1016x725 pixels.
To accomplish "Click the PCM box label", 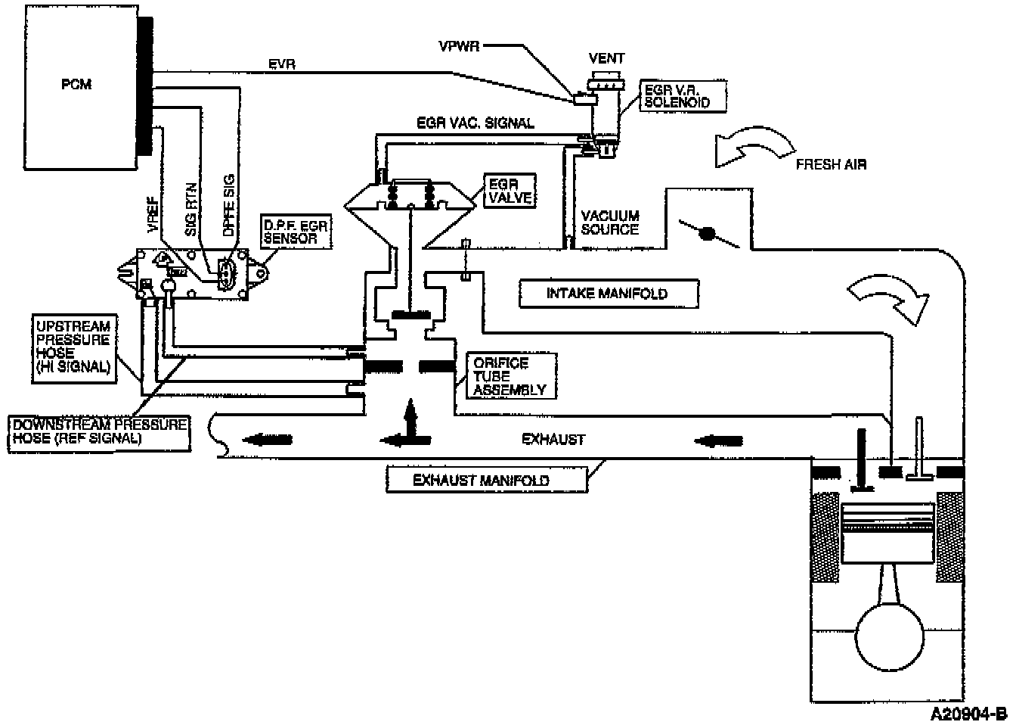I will point(76,84).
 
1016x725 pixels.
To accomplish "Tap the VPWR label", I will point(457,45).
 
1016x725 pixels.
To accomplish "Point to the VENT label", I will point(606,58).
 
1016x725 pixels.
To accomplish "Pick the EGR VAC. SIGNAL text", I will point(475,123).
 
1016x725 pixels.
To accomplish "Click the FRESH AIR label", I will point(831,164).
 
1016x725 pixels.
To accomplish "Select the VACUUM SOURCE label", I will point(609,222).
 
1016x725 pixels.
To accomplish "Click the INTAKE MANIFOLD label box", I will point(607,293).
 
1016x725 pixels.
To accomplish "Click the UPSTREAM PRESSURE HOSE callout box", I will point(73,347).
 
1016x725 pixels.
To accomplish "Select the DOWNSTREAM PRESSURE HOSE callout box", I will point(99,431).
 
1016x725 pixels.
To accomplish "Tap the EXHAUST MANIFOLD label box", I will point(485,480).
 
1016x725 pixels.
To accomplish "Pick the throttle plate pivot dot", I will point(708,235).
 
